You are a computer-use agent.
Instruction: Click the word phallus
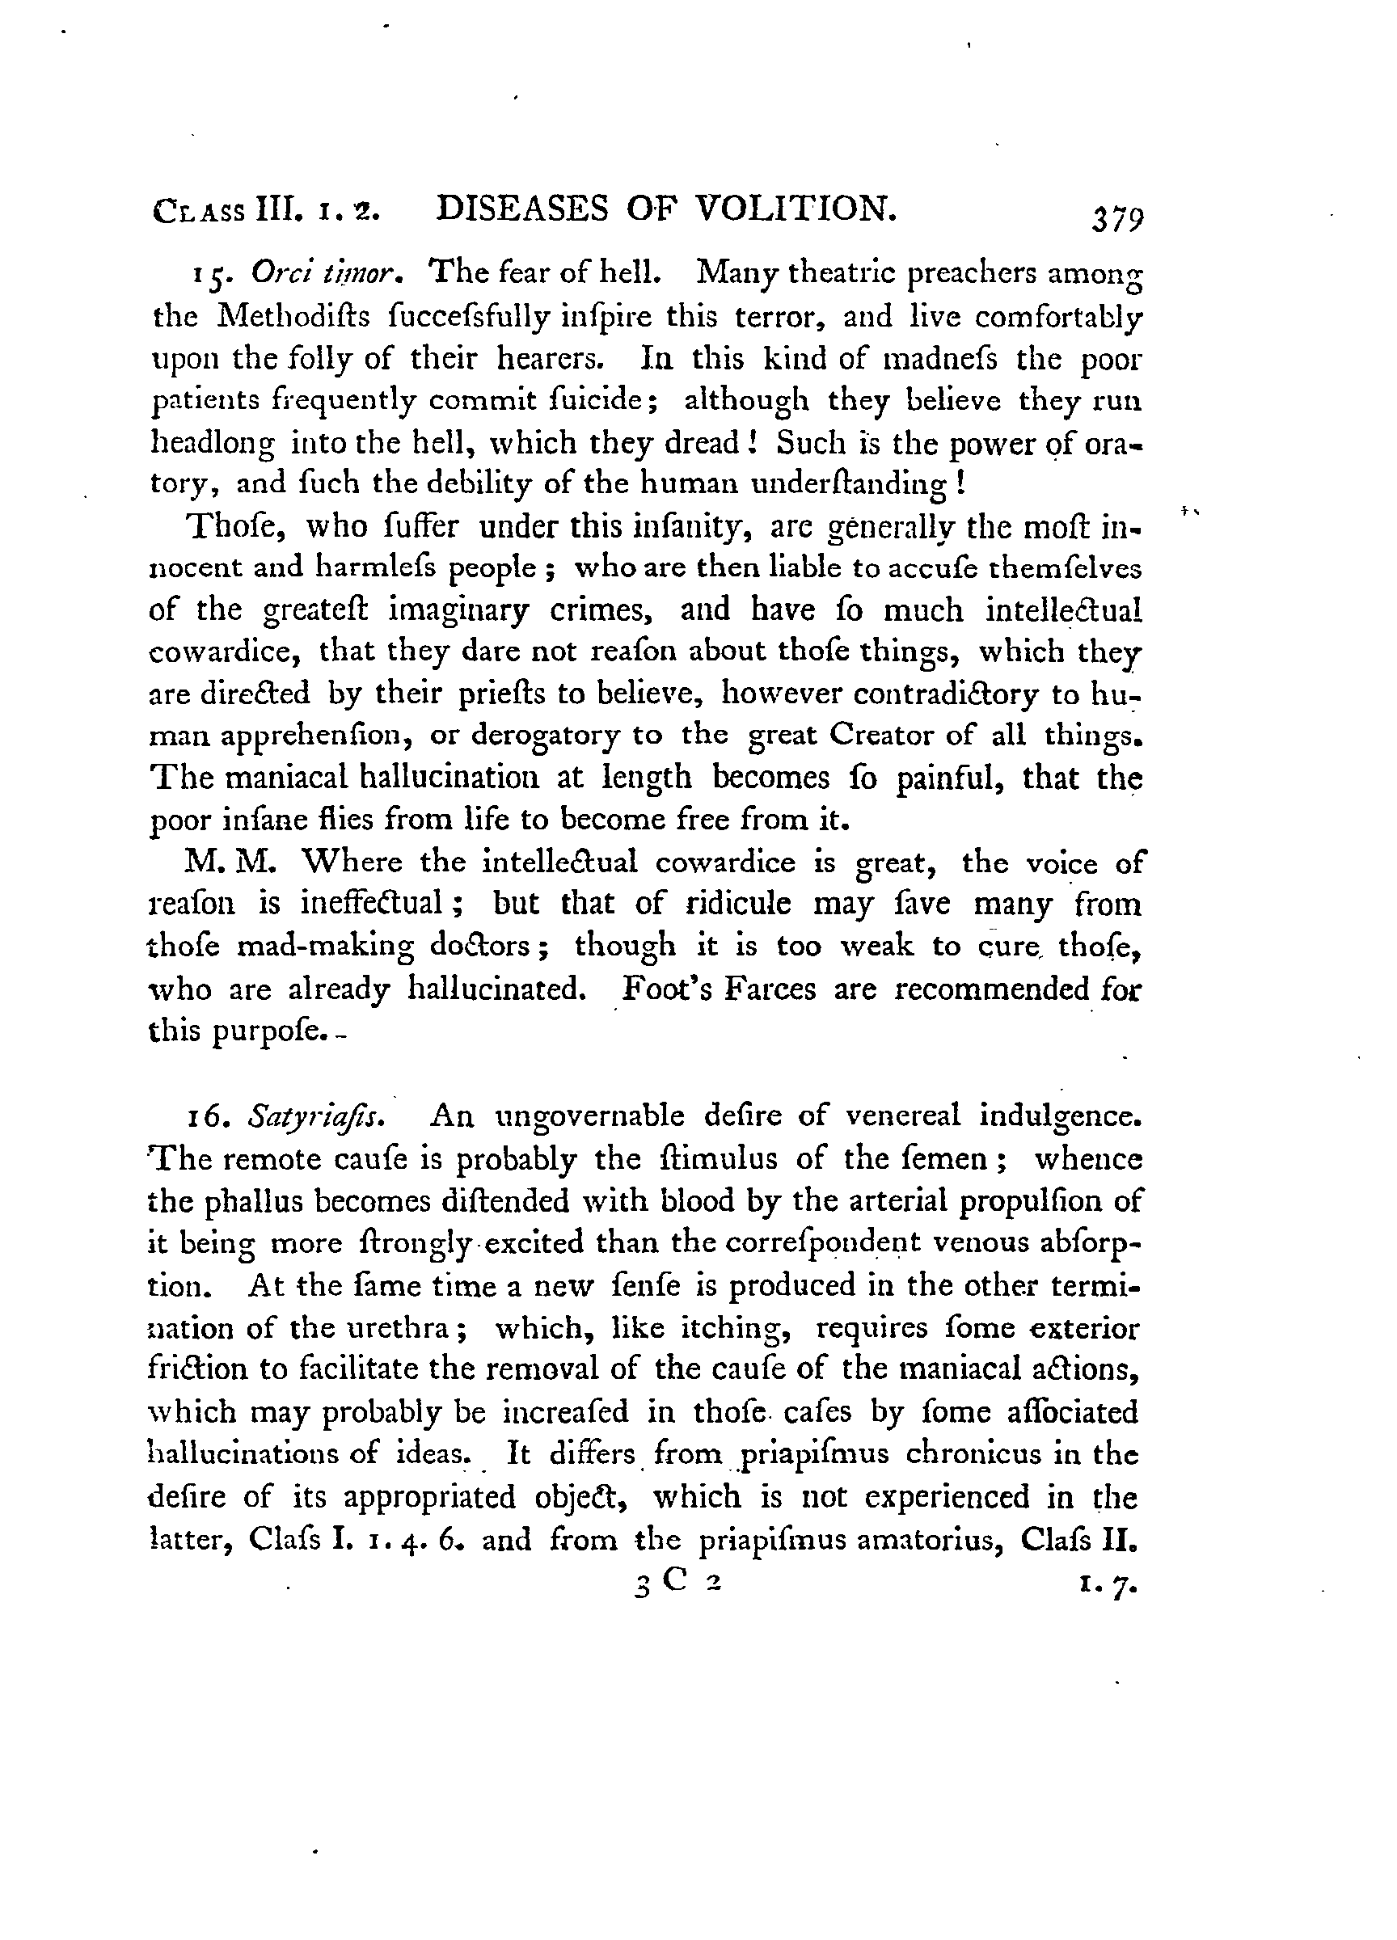click(x=260, y=1201)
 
